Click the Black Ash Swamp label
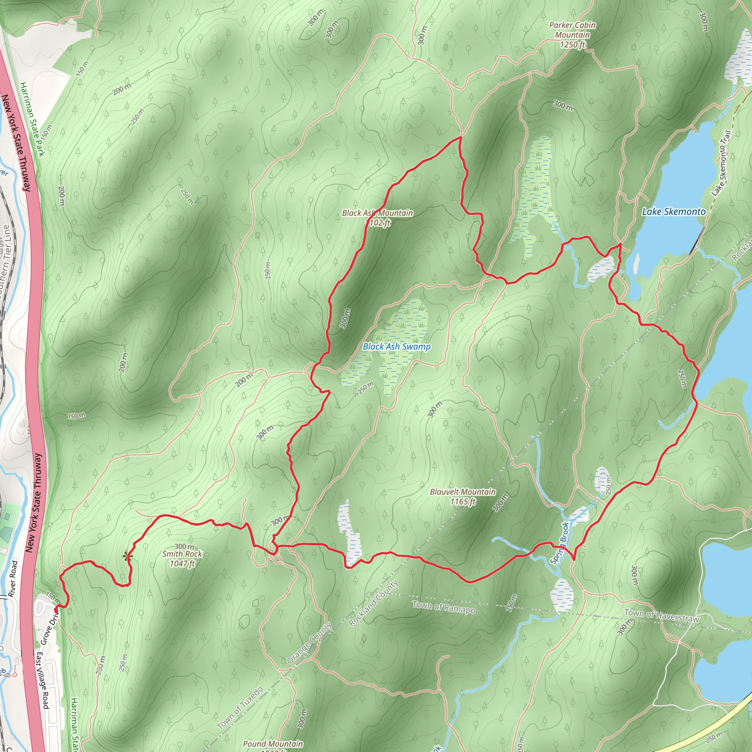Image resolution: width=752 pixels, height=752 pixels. [397, 346]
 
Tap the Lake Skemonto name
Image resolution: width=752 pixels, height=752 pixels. [673, 212]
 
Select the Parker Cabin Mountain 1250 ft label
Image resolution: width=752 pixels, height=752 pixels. [572, 35]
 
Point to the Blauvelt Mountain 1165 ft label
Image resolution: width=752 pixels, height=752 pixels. [462, 497]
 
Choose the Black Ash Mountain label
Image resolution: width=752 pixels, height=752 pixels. [377, 217]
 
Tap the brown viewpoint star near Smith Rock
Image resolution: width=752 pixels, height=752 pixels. [127, 557]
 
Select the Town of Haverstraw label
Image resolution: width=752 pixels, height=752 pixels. [662, 615]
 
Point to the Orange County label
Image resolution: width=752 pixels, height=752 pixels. [310, 643]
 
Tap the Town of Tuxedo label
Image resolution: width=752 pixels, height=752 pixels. [240, 708]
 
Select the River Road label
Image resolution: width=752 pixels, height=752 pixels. [12, 579]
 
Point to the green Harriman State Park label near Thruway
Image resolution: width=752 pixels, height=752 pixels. [33, 119]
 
